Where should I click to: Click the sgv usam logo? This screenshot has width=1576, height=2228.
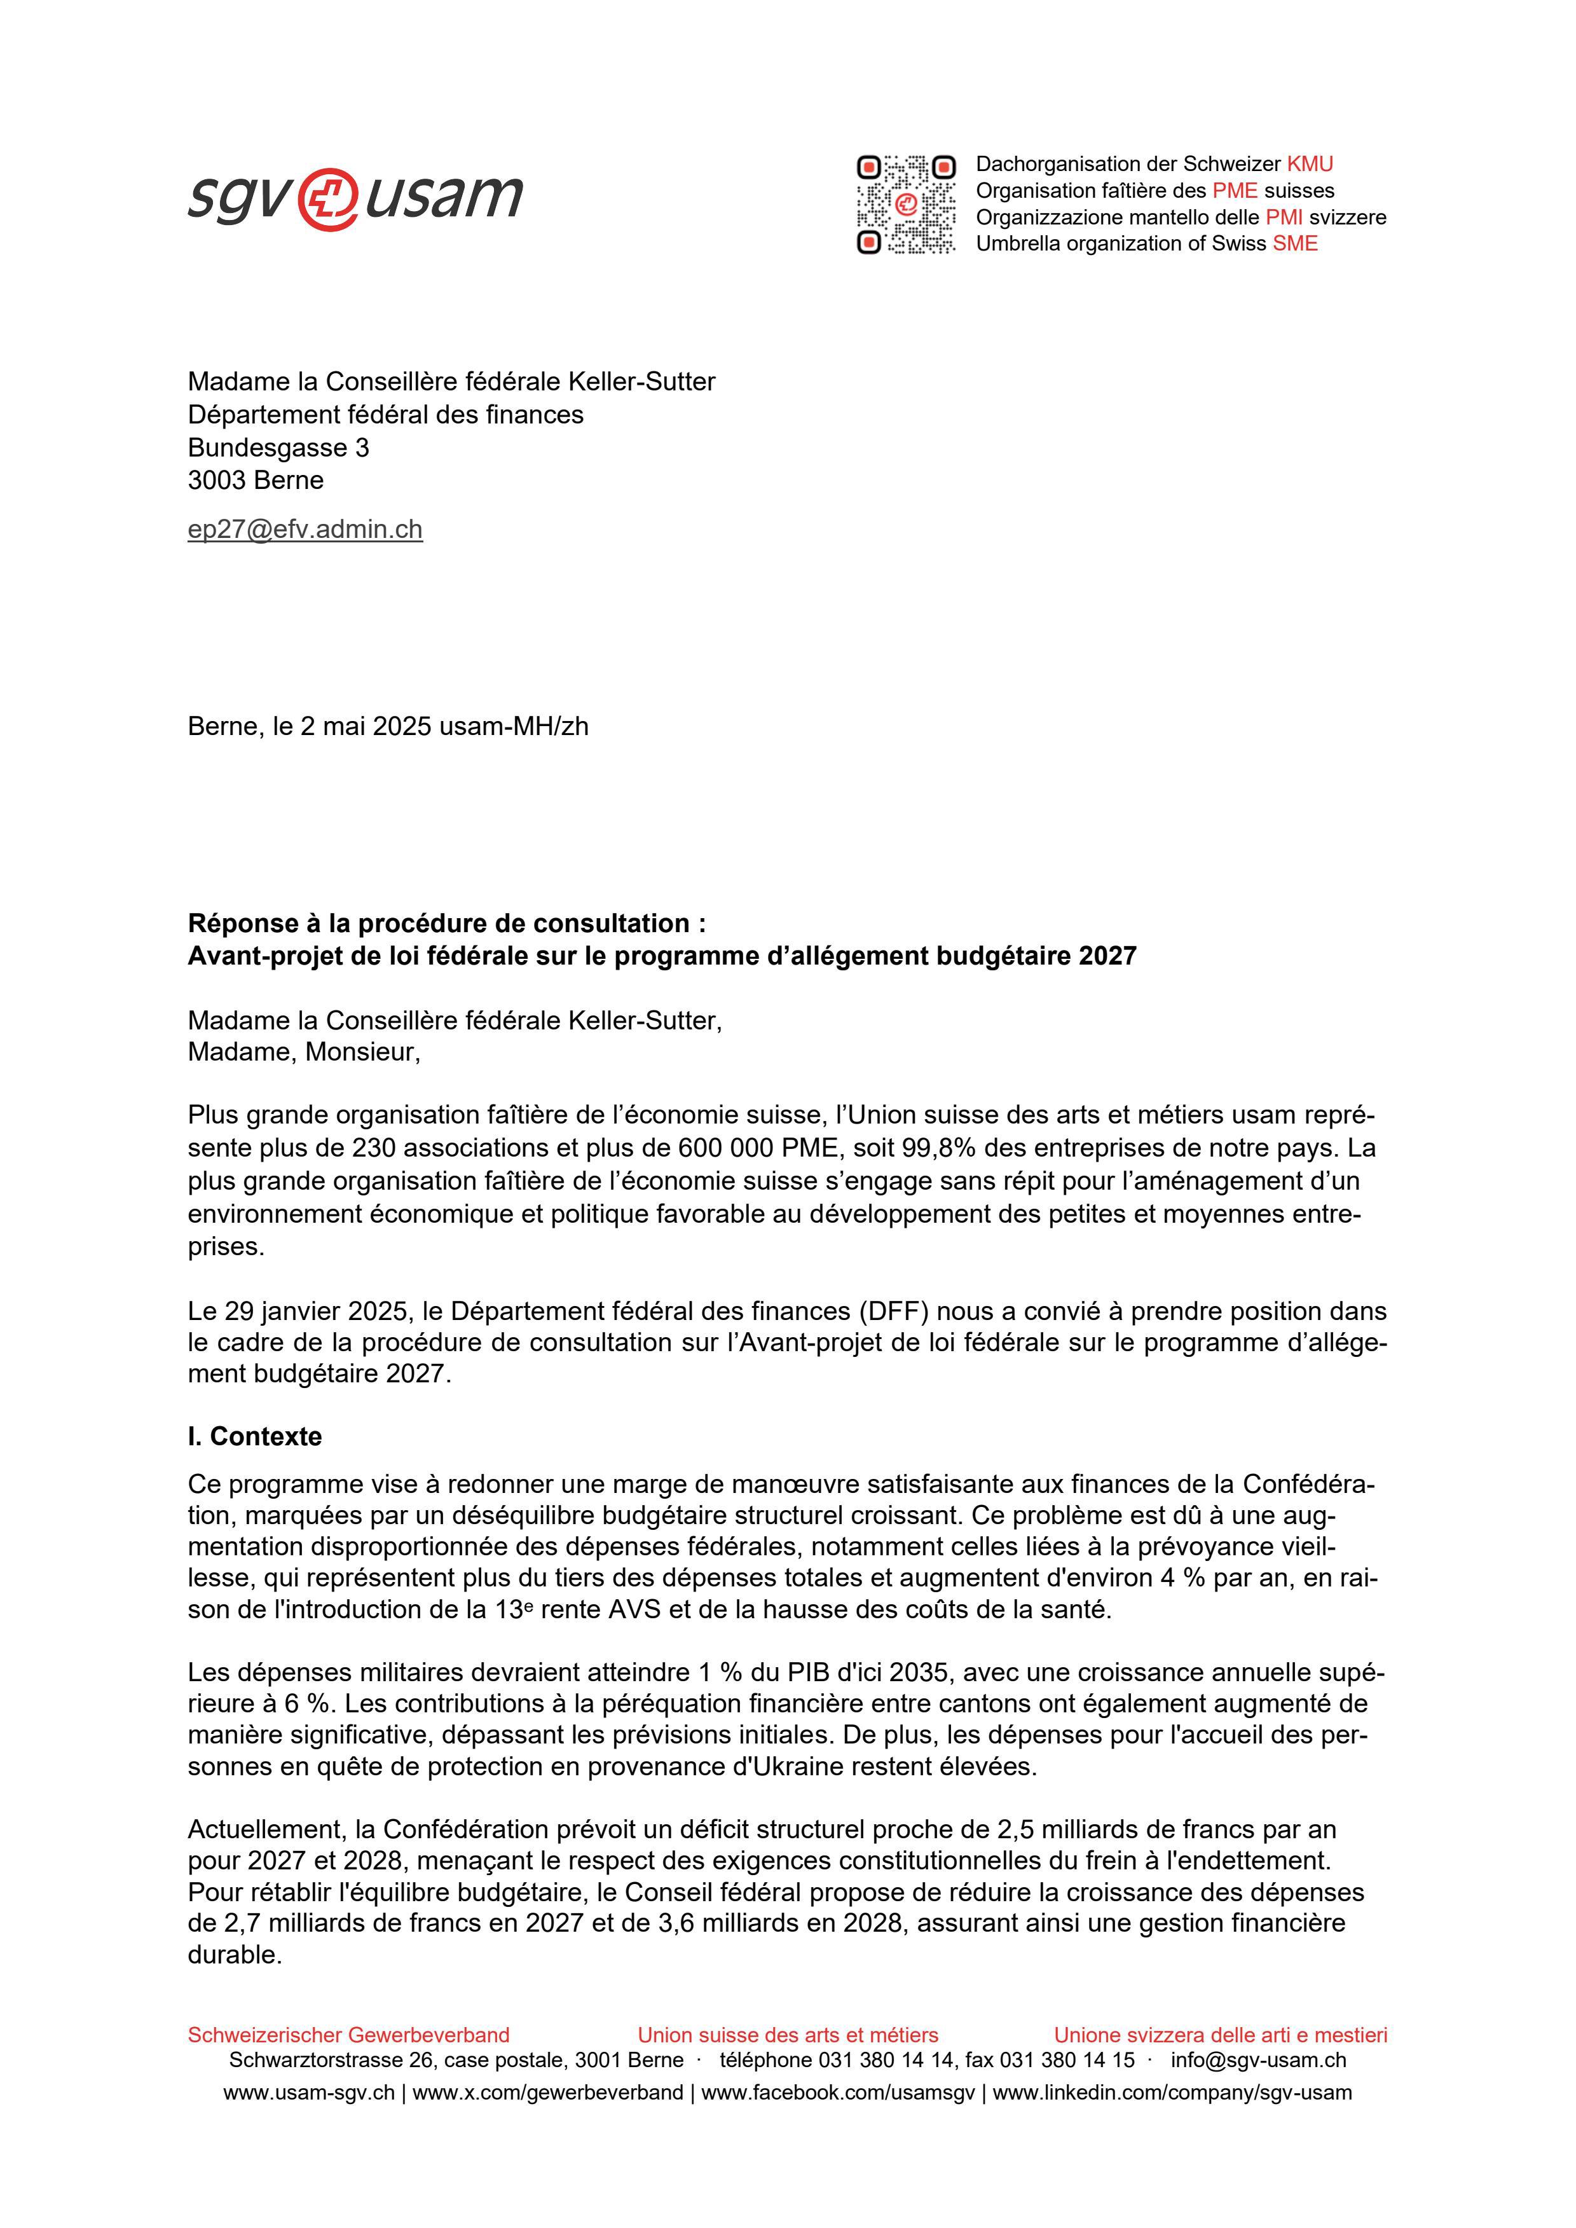(355, 199)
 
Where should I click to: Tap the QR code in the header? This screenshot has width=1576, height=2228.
(905, 203)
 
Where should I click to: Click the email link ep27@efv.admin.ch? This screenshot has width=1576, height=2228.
(305, 529)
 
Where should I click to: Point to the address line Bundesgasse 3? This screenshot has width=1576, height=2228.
(278, 448)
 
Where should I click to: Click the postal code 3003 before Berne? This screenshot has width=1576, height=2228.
(216, 480)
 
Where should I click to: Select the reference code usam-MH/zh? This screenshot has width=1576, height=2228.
(514, 726)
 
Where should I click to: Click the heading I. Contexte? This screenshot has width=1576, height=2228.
(254, 1436)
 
